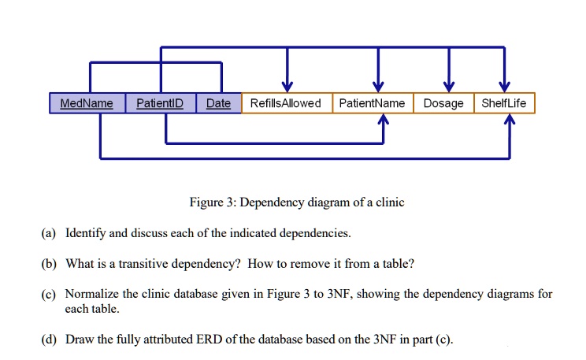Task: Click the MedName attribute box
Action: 87,103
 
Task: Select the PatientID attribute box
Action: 161,103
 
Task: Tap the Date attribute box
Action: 219,103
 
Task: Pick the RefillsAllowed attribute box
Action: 287,103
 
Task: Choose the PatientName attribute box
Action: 373,103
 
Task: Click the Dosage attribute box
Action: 443,103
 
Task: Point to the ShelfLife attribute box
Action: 505,103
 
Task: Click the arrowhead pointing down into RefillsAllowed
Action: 287,87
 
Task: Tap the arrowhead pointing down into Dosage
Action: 449,87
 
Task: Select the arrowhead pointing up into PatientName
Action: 384,119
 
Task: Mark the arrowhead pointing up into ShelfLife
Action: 510,119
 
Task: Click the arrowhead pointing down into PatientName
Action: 378,87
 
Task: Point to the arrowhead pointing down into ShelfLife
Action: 505,87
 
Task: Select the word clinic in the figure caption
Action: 390,202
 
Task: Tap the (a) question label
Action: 49,233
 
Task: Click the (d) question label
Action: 49,340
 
